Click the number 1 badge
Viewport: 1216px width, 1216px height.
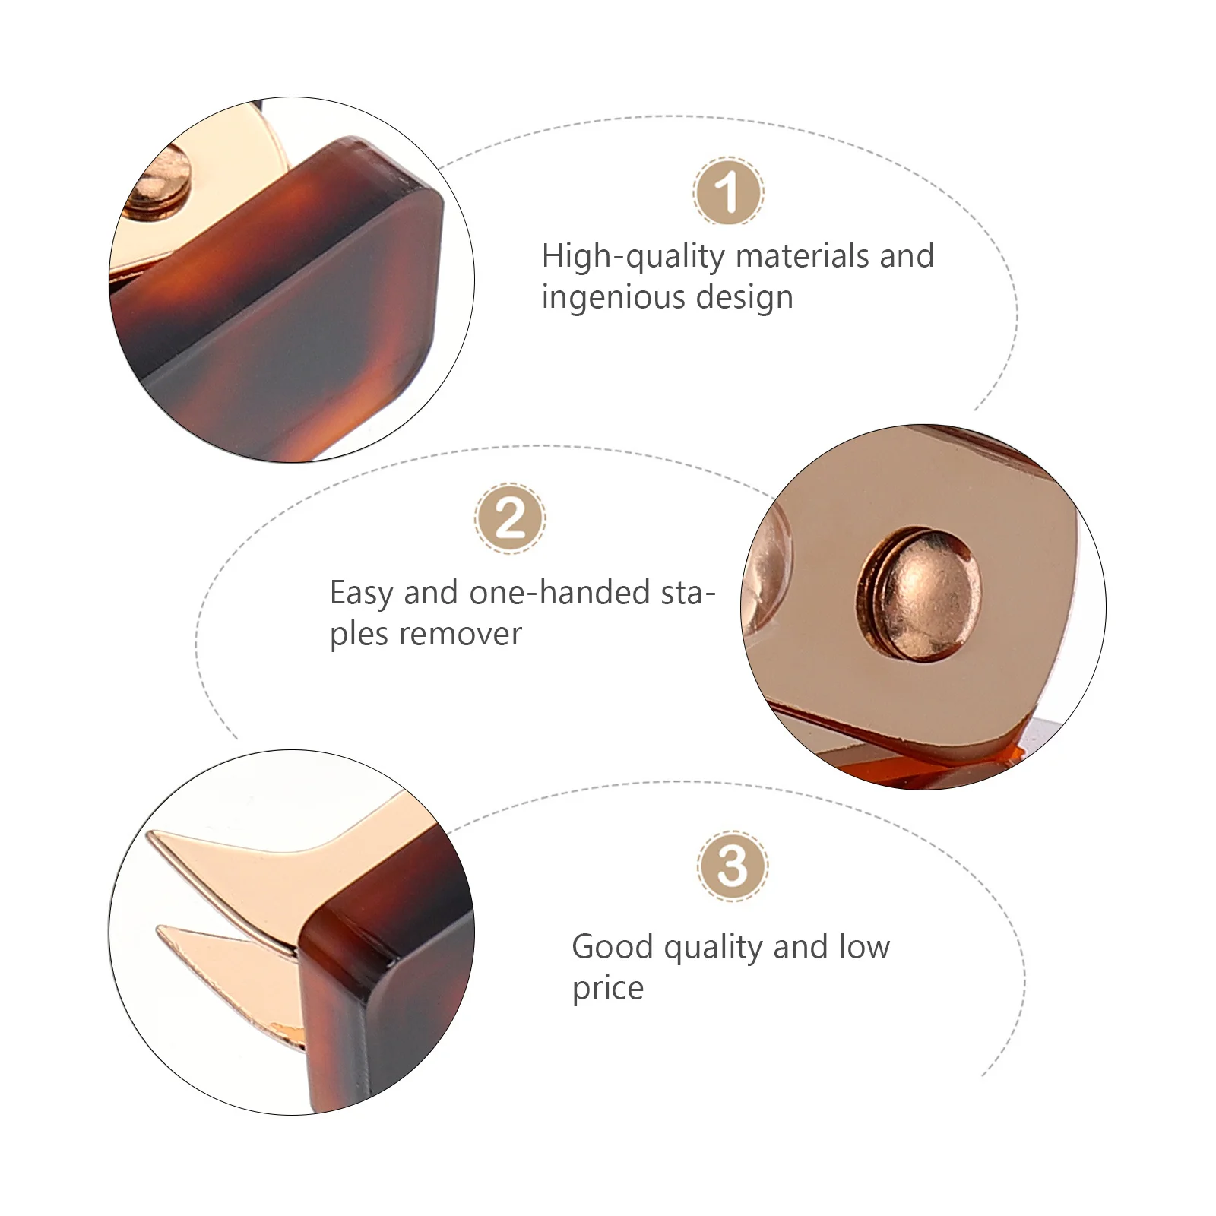pyautogui.click(x=728, y=192)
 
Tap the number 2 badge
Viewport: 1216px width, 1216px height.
pyautogui.click(x=510, y=518)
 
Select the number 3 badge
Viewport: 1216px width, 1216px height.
pyautogui.click(x=733, y=866)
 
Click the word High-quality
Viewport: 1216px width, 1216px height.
pyautogui.click(x=632, y=257)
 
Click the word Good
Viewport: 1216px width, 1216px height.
pyautogui.click(x=613, y=947)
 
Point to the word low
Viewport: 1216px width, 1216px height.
pyautogui.click(x=864, y=947)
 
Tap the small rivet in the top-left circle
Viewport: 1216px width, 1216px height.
pyautogui.click(x=156, y=180)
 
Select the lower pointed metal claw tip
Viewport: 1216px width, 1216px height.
pyautogui.click(x=158, y=927)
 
